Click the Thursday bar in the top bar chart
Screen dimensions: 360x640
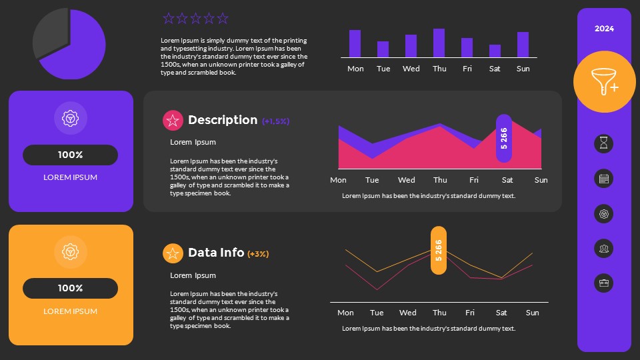click(x=439, y=43)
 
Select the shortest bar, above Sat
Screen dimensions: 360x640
click(x=495, y=51)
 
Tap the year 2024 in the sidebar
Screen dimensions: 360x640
click(x=604, y=29)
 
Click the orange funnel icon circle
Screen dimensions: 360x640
click(x=604, y=82)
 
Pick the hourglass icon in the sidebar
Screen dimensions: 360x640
click(x=603, y=144)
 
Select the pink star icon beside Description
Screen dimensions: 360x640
click(x=173, y=121)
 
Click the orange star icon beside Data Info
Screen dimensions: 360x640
click(x=173, y=253)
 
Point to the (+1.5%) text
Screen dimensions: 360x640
click(x=275, y=121)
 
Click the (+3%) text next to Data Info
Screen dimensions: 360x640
click(x=258, y=254)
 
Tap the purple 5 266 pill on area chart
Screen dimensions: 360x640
click(x=504, y=138)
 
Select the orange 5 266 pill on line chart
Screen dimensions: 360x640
click(x=439, y=250)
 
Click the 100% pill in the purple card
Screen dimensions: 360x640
click(x=70, y=155)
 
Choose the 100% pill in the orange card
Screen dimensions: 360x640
click(x=70, y=289)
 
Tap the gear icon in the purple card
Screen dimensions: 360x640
click(x=70, y=118)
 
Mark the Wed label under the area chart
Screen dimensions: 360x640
click(x=406, y=180)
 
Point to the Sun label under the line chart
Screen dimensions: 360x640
click(x=532, y=313)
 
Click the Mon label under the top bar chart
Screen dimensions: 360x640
click(x=355, y=69)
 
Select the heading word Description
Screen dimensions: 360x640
click(x=223, y=120)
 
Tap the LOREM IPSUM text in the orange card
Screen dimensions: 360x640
click(x=70, y=311)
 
